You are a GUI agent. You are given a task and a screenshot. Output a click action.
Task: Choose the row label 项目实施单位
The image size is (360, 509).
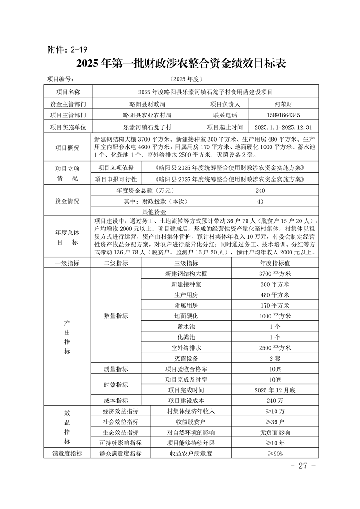[68, 127]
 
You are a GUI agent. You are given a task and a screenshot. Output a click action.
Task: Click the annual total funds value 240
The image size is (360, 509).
[260, 191]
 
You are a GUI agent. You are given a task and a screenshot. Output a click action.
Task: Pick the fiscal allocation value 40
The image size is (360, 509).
[260, 201]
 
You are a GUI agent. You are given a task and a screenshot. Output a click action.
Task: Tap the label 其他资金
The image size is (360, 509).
[154, 211]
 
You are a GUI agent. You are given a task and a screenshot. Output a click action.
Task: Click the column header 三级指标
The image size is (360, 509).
[186, 263]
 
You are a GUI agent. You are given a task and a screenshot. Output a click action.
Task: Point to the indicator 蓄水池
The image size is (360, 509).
[186, 326]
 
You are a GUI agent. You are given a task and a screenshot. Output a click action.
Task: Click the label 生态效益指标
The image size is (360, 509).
[120, 432]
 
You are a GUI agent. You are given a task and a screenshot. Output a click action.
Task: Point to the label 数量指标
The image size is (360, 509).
[116, 316]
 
